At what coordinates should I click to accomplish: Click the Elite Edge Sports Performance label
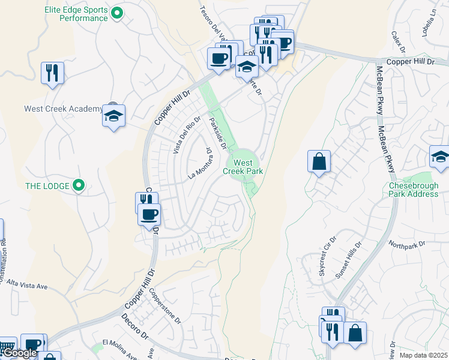[76, 14]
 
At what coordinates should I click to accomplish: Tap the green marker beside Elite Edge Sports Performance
[118, 12]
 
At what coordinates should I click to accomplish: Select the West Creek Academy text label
[64, 109]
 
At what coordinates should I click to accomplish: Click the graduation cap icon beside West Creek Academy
[113, 115]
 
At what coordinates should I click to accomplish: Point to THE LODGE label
[47, 186]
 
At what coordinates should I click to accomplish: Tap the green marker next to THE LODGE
[78, 185]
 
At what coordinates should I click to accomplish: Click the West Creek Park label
[243, 167]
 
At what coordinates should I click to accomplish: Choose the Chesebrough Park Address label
[414, 190]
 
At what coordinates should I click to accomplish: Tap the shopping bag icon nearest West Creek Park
[319, 161]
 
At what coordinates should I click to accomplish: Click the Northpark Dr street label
[406, 244]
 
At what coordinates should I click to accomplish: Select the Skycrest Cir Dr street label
[327, 262]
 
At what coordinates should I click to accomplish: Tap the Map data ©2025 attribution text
[423, 355]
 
